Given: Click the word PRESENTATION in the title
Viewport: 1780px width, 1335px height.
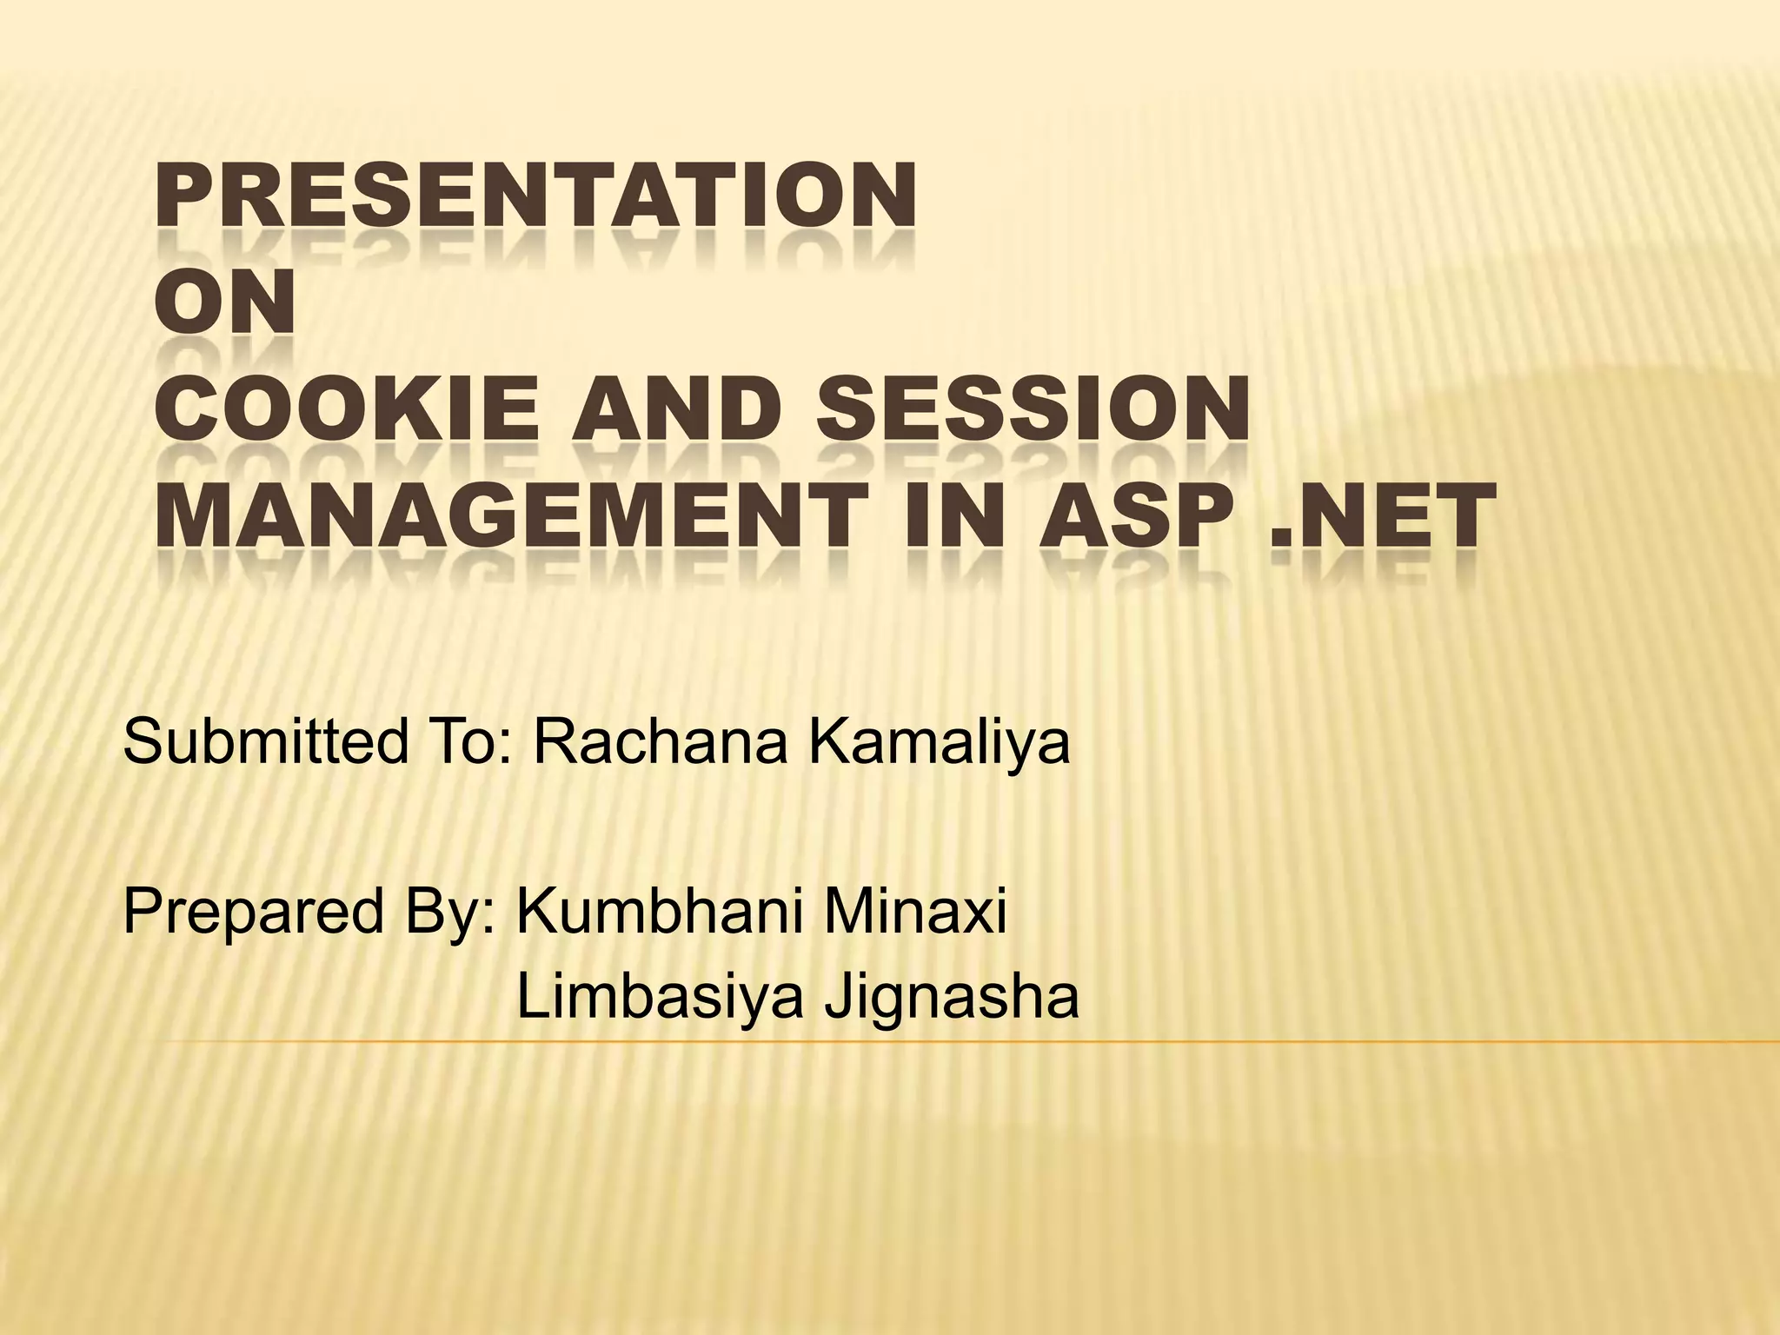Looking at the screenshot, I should pos(535,197).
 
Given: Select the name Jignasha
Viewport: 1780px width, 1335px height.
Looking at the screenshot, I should pos(951,1000).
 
